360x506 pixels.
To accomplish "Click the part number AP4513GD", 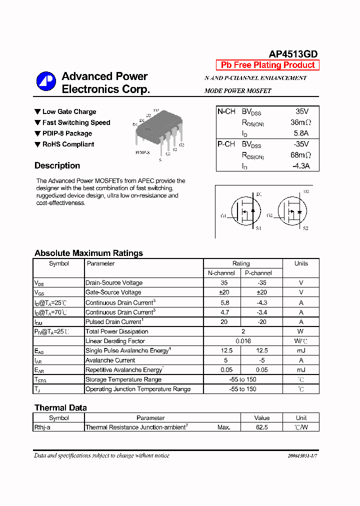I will coord(293,54).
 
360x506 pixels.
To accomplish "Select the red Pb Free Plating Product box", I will coord(267,65).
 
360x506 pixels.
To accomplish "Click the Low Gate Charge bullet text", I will coord(69,111).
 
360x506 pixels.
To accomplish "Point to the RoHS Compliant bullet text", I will coord(68,144).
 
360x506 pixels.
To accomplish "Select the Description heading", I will coord(57,165).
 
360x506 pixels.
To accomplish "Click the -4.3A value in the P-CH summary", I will coord(300,166).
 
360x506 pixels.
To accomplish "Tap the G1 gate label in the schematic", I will coord(223,216).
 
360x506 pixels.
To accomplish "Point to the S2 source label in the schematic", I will coord(305,228).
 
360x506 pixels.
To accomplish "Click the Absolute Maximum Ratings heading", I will coord(88,253).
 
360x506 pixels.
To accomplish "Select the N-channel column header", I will coord(221,273).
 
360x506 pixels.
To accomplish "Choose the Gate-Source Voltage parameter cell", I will coord(113,292).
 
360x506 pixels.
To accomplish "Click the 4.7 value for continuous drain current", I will coord(221,312).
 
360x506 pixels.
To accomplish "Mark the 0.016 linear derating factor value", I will coord(243,341).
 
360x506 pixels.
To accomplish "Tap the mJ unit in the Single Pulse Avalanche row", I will coord(301,350).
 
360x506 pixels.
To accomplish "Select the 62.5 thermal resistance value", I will coord(261,427).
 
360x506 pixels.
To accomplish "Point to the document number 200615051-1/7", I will coord(302,456).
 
